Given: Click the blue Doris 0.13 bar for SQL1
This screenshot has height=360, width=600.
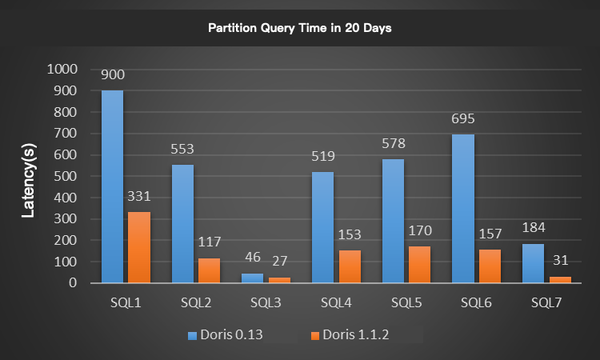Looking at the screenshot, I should click(x=112, y=186).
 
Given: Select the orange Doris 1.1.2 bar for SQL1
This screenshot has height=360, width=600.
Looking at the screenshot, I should click(x=139, y=247).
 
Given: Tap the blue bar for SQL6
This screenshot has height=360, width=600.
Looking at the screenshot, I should click(x=462, y=208).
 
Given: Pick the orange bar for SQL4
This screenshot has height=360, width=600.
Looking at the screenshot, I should click(x=350, y=266).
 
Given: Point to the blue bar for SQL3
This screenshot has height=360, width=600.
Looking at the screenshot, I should click(x=252, y=278).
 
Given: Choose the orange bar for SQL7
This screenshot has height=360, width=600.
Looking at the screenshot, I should click(x=559, y=279).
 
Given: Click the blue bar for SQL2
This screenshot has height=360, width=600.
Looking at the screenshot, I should click(x=182, y=223).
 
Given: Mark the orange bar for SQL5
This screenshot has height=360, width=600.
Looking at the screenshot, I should click(x=419, y=265).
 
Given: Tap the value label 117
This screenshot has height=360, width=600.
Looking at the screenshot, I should click(x=209, y=242).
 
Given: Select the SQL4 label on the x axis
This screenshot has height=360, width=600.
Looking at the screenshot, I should click(x=336, y=303).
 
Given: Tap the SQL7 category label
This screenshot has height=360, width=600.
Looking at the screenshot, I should click(x=546, y=303).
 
